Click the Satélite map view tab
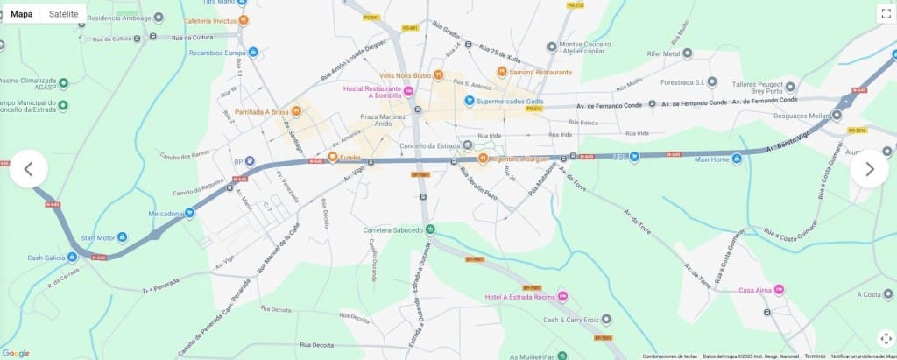pyautogui.click(x=62, y=14)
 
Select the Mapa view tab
pyautogui.click(x=22, y=14)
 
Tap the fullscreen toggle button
pyautogui.click(x=885, y=13)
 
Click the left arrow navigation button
pyautogui.click(x=28, y=169)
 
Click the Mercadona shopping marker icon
pyautogui.click(x=189, y=213)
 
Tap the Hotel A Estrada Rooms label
pyautogui.click(x=520, y=297)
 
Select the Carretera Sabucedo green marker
pyautogui.click(x=430, y=230)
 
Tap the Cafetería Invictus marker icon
pyautogui.click(x=244, y=20)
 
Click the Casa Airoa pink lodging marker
pyautogui.click(x=779, y=290)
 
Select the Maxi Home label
pyautogui.click(x=711, y=159)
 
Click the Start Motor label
pyautogui.click(x=98, y=237)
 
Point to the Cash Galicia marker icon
pyautogui.click(x=73, y=258)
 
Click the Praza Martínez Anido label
pyautogui.click(x=383, y=120)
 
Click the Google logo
pyautogui.click(x=16, y=353)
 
